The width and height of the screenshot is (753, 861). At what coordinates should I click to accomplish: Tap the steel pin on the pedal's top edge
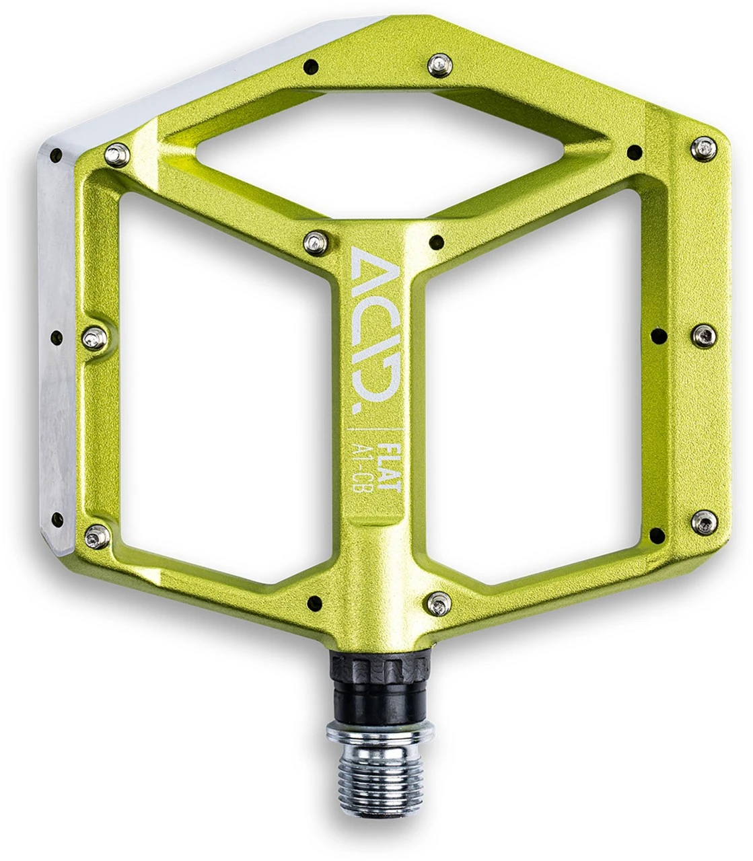[x=438, y=64]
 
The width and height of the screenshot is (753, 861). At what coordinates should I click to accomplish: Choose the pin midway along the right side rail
[x=703, y=334]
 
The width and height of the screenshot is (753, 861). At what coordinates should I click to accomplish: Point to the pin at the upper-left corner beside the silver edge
[x=118, y=153]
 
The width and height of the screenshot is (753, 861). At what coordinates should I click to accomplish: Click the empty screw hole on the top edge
[x=311, y=65]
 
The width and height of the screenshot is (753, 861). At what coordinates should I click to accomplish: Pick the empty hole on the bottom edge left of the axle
[x=312, y=601]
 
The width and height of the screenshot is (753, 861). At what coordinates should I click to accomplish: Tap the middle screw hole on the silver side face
[x=57, y=336]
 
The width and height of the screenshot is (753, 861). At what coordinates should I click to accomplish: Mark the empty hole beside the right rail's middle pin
[x=661, y=334]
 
